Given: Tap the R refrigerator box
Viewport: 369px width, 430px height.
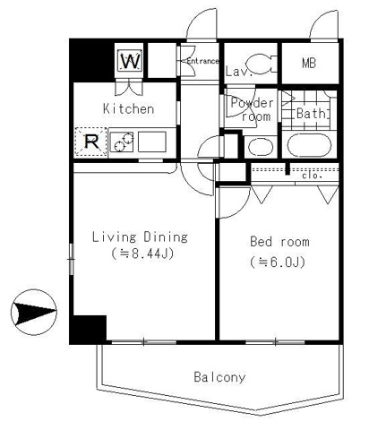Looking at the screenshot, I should tap(90, 141).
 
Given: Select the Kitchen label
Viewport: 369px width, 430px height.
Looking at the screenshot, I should tap(128, 109).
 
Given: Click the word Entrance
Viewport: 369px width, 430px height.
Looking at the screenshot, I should tap(202, 61).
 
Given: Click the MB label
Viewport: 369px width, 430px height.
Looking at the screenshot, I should tap(309, 64).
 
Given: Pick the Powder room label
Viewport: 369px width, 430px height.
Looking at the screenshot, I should tap(252, 109).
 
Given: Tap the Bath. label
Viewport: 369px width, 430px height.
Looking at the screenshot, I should tap(311, 114).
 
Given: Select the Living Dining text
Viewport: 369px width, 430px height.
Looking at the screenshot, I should tap(141, 237).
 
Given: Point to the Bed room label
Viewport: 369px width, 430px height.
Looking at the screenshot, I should tap(279, 241).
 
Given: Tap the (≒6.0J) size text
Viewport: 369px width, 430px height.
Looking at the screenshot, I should tap(279, 262).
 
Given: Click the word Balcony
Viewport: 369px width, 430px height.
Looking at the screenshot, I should tap(219, 377).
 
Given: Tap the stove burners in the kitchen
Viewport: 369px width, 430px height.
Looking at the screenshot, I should tap(122, 141).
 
